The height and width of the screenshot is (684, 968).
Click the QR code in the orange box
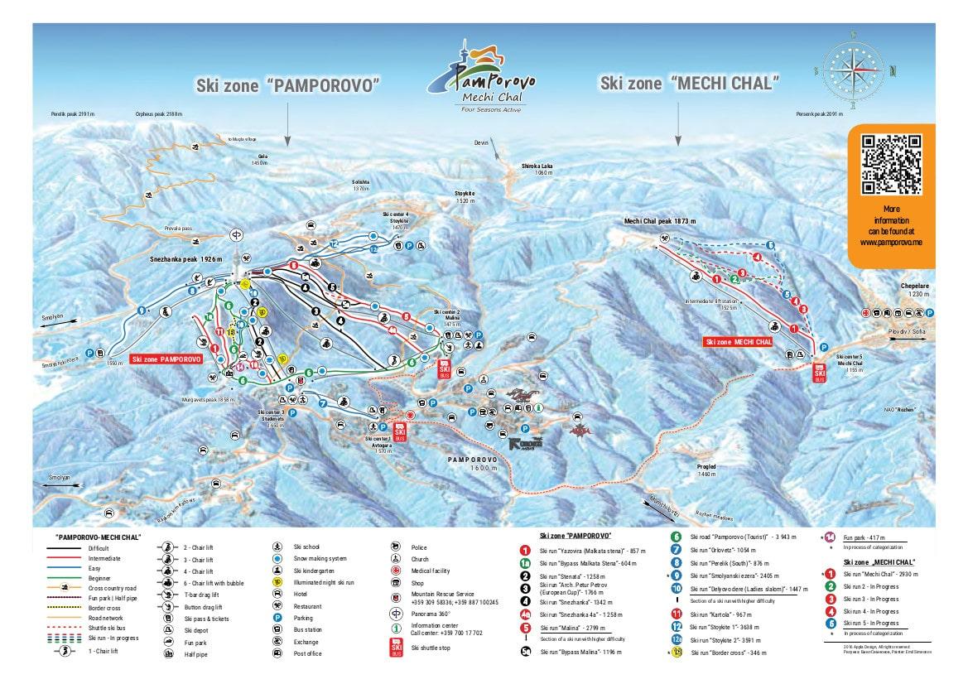891,164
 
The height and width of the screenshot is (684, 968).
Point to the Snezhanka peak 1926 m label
187,259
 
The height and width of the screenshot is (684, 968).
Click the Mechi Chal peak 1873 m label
659,222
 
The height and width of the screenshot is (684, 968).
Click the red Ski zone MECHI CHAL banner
738,341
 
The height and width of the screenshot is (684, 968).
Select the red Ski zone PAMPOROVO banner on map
166,359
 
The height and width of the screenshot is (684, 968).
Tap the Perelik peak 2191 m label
75,113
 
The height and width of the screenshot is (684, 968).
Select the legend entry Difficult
98,548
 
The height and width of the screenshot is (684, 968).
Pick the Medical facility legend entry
430,571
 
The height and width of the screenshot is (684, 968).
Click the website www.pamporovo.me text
890,243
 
